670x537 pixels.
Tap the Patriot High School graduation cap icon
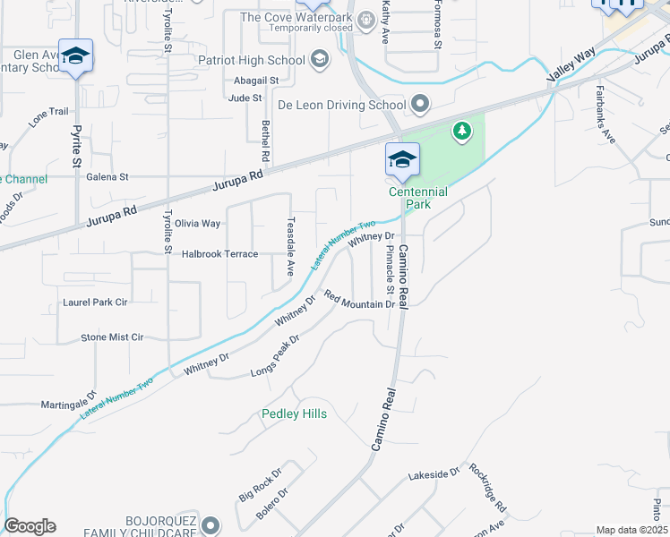[x=320, y=60]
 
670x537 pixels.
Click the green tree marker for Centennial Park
[x=462, y=132]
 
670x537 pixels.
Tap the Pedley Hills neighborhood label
[x=294, y=413]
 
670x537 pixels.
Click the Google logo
[x=30, y=526]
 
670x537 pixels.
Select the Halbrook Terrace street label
[x=219, y=254]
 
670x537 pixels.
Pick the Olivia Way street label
[x=197, y=223]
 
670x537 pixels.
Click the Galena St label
[x=107, y=177]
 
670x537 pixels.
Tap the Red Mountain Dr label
[x=359, y=301]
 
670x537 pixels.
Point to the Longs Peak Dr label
[x=274, y=356]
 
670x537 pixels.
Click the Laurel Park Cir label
[x=95, y=303]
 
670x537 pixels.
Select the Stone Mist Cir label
[x=112, y=337]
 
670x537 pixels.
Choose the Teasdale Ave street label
[x=289, y=245]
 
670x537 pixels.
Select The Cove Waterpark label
[x=296, y=17]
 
